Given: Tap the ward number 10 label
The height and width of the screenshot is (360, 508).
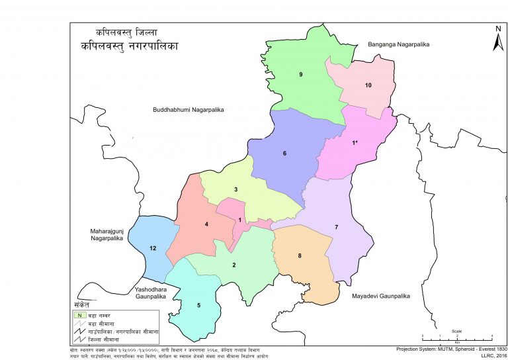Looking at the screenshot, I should [368, 85].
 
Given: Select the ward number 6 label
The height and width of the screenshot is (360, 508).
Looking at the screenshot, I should [284, 154].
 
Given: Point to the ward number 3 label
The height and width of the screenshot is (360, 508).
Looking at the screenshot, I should [235, 190].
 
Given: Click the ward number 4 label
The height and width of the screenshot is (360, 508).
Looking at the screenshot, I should [207, 225].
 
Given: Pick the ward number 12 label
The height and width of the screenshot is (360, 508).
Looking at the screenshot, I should [153, 248].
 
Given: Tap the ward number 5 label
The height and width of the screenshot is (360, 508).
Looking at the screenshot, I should [198, 305].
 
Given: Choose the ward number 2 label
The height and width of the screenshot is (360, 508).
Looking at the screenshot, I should [233, 265].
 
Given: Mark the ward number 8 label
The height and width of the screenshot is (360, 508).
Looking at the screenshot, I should [300, 255].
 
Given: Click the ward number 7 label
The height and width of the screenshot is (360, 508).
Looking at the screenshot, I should [336, 228].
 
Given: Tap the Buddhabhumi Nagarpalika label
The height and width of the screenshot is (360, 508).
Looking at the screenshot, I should [189, 109].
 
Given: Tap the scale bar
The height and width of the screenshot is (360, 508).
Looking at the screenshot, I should [457, 335].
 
